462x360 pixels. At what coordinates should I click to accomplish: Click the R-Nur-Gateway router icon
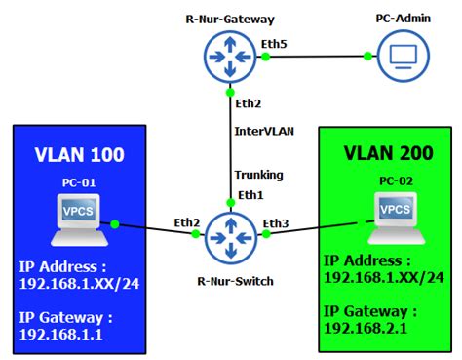pos(230,56)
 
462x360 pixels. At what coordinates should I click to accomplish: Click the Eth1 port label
pos(250,195)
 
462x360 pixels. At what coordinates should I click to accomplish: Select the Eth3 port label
pos(276,224)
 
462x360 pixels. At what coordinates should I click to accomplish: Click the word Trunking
pos(258,176)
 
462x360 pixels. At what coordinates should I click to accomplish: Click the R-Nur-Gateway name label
pos(230,18)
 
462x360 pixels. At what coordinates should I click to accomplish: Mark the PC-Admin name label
pos(401,18)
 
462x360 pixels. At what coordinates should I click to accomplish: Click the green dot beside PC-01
pos(116,225)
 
